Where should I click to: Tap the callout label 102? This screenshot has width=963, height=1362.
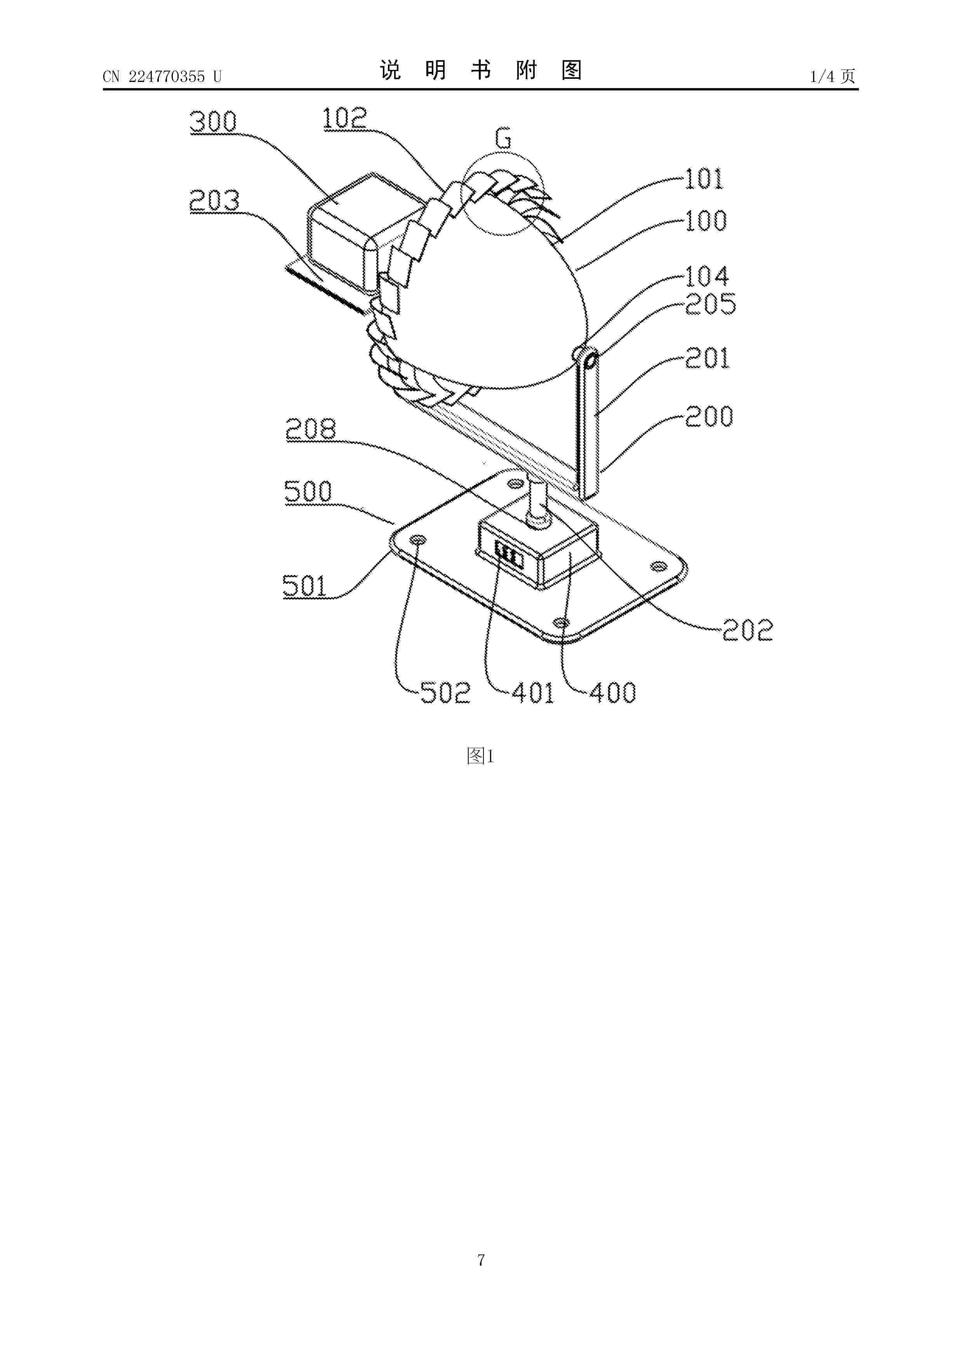coord(345,119)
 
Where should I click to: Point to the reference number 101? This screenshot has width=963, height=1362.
coord(704,179)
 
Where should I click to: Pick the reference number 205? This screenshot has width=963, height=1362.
coord(710,304)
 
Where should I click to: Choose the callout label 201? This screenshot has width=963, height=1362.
coord(707,358)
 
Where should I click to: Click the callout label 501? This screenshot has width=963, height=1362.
coord(305,586)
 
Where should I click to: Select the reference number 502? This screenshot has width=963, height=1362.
coord(445,692)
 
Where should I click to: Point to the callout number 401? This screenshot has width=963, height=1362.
coord(533,692)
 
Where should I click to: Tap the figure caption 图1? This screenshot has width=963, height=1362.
coord(481,756)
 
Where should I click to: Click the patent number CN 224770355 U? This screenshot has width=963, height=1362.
coord(162,76)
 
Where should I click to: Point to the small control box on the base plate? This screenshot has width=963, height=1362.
coord(537,548)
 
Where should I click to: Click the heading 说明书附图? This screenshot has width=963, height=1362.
coord(481,71)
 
